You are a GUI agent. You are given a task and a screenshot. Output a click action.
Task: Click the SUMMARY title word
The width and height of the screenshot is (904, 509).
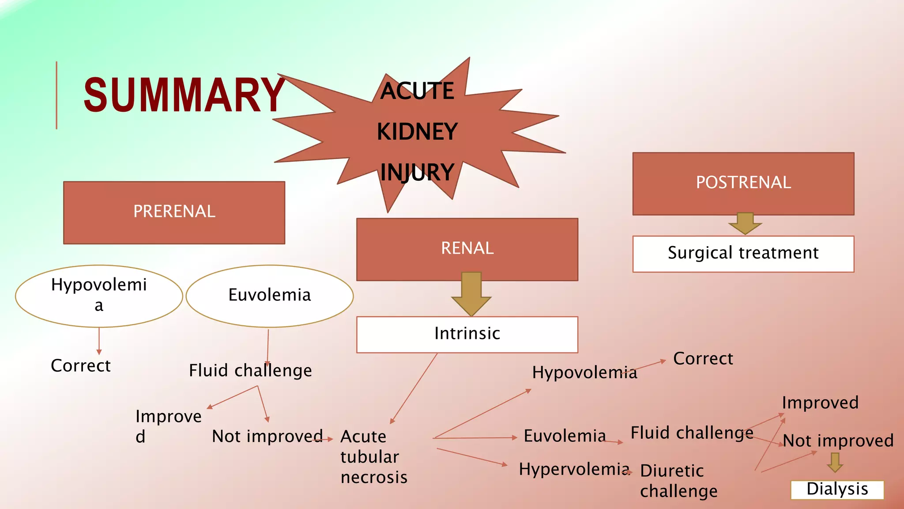pos(184,95)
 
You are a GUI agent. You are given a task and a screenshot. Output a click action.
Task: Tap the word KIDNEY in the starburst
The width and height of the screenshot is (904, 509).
pos(417,132)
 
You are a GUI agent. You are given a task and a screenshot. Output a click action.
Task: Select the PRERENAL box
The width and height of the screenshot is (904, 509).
pos(174,213)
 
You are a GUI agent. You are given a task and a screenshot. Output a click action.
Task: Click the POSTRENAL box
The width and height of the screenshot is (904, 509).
pos(743,183)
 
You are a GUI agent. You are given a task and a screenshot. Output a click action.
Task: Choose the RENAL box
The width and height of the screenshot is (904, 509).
pos(467,249)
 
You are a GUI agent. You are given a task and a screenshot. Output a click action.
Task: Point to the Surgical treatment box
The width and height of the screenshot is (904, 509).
pos(743,254)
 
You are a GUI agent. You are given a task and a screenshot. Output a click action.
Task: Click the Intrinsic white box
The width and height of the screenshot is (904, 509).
pos(467,334)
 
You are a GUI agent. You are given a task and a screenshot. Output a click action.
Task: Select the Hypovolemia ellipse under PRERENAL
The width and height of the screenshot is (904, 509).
pos(99,296)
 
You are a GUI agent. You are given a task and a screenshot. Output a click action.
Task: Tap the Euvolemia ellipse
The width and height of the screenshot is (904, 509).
pos(270,296)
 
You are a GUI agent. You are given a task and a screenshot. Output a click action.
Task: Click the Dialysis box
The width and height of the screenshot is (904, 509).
pos(837,490)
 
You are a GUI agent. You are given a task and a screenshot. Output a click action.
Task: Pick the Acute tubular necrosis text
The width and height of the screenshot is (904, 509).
pos(373,457)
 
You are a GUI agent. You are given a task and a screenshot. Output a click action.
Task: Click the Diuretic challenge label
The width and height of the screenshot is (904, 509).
pos(678,481)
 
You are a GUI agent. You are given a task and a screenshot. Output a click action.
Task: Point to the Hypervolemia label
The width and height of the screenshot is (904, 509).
pos(574,469)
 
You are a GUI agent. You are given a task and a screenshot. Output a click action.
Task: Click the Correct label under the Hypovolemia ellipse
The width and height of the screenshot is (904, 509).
pos(81,366)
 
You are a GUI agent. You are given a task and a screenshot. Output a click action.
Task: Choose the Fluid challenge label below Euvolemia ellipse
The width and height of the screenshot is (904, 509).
pos(250,371)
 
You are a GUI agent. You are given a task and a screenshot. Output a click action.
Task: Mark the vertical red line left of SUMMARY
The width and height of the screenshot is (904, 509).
pos(56,95)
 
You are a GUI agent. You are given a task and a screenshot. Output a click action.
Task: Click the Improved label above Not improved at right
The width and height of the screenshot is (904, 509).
pos(820,403)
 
